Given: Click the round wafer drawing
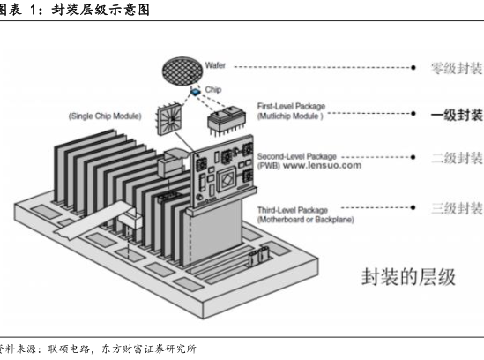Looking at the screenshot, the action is click(x=182, y=71).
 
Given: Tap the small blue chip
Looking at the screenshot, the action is click(x=195, y=92).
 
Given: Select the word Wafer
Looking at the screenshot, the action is click(x=215, y=65).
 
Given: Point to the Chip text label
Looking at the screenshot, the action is click(x=213, y=90).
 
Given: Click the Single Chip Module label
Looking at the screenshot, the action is click(x=105, y=116).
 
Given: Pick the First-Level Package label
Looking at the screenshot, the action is click(x=291, y=106).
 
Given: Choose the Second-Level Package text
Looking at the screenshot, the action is click(x=296, y=156).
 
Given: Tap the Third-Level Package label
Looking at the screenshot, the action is click(x=293, y=210).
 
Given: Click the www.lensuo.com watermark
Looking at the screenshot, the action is click(x=323, y=165).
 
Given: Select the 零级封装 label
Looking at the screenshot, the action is click(x=457, y=68).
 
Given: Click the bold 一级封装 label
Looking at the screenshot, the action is click(x=457, y=115).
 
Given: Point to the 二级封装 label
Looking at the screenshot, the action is click(x=457, y=158).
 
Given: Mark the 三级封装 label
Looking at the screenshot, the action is click(x=457, y=208).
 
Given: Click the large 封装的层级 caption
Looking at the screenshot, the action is click(x=408, y=276).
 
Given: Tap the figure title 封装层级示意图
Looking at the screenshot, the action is click(x=101, y=10).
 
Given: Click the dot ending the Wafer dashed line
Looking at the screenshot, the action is click(x=413, y=67).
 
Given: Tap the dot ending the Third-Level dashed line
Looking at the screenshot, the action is click(x=413, y=207).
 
